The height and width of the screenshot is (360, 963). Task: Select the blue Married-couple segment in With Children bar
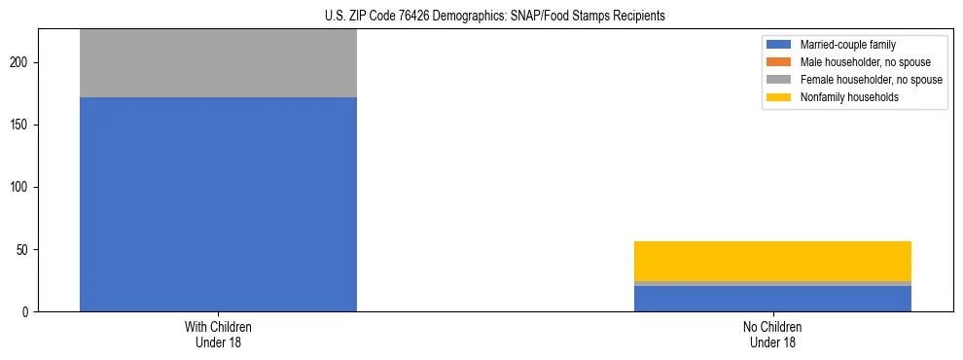tap(218, 204)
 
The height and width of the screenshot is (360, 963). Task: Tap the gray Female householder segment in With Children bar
tap(218, 63)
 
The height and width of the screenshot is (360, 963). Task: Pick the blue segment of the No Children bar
tap(772, 299)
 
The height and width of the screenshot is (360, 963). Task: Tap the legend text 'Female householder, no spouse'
tap(871, 80)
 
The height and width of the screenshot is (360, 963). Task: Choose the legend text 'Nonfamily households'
tap(842, 97)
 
